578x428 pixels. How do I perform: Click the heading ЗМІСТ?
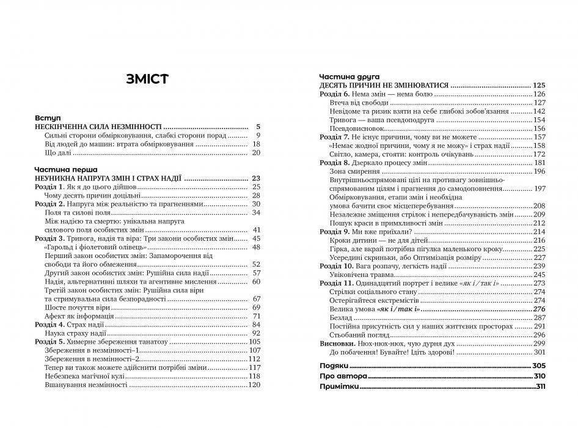(148, 79)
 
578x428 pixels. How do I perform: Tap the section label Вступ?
(48, 117)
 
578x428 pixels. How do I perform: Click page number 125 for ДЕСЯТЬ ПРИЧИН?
(538, 86)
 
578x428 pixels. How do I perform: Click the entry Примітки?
(339, 387)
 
